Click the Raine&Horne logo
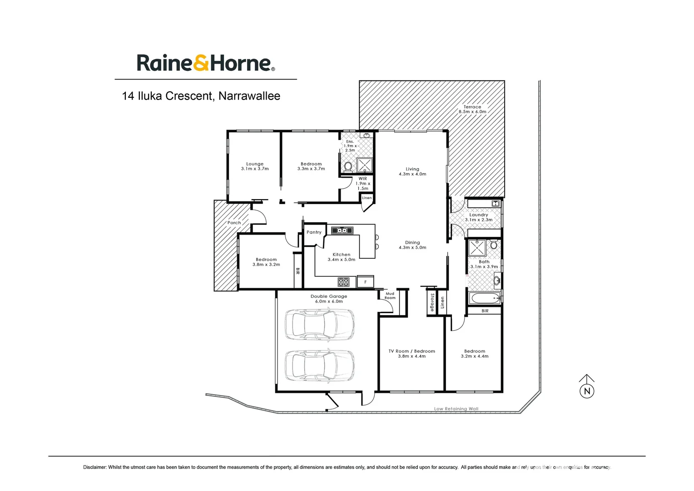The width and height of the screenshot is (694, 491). (x=206, y=63)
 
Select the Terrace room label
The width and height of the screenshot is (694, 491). (x=472, y=109)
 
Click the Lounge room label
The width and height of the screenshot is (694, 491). (x=255, y=166)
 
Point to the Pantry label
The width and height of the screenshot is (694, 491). (x=314, y=232)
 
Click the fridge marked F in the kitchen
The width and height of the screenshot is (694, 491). (x=365, y=282)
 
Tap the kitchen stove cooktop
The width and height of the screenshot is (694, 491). (x=344, y=282)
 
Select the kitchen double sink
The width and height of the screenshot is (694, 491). (x=342, y=230)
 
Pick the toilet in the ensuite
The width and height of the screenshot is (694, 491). (x=348, y=166)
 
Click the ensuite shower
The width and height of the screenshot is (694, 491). (x=364, y=165)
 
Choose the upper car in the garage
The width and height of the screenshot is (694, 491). (x=320, y=325)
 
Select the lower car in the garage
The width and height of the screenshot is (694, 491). (x=320, y=365)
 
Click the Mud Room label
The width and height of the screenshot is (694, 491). (x=390, y=296)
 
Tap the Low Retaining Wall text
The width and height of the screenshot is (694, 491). (x=456, y=409)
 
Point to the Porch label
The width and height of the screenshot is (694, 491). (x=234, y=223)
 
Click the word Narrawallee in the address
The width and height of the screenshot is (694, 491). (x=249, y=96)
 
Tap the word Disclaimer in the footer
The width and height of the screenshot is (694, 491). (x=94, y=467)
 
